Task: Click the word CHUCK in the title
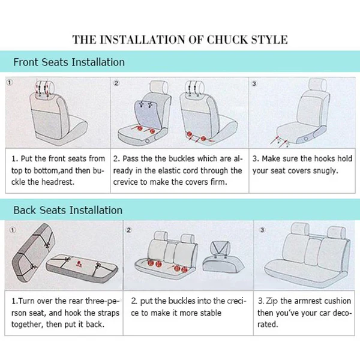tap(227, 40)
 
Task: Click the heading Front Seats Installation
tap(69, 62)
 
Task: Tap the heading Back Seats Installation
tap(68, 211)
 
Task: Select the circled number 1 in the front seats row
tap(10, 82)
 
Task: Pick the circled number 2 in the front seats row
tap(116, 83)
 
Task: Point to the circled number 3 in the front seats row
tap(254, 83)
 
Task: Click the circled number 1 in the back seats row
tap(13, 230)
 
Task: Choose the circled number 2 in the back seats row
tap(128, 230)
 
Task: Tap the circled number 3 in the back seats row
tap(262, 230)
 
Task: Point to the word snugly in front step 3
tap(325, 171)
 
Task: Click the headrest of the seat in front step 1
tap(45, 88)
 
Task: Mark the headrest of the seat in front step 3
tap(318, 85)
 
